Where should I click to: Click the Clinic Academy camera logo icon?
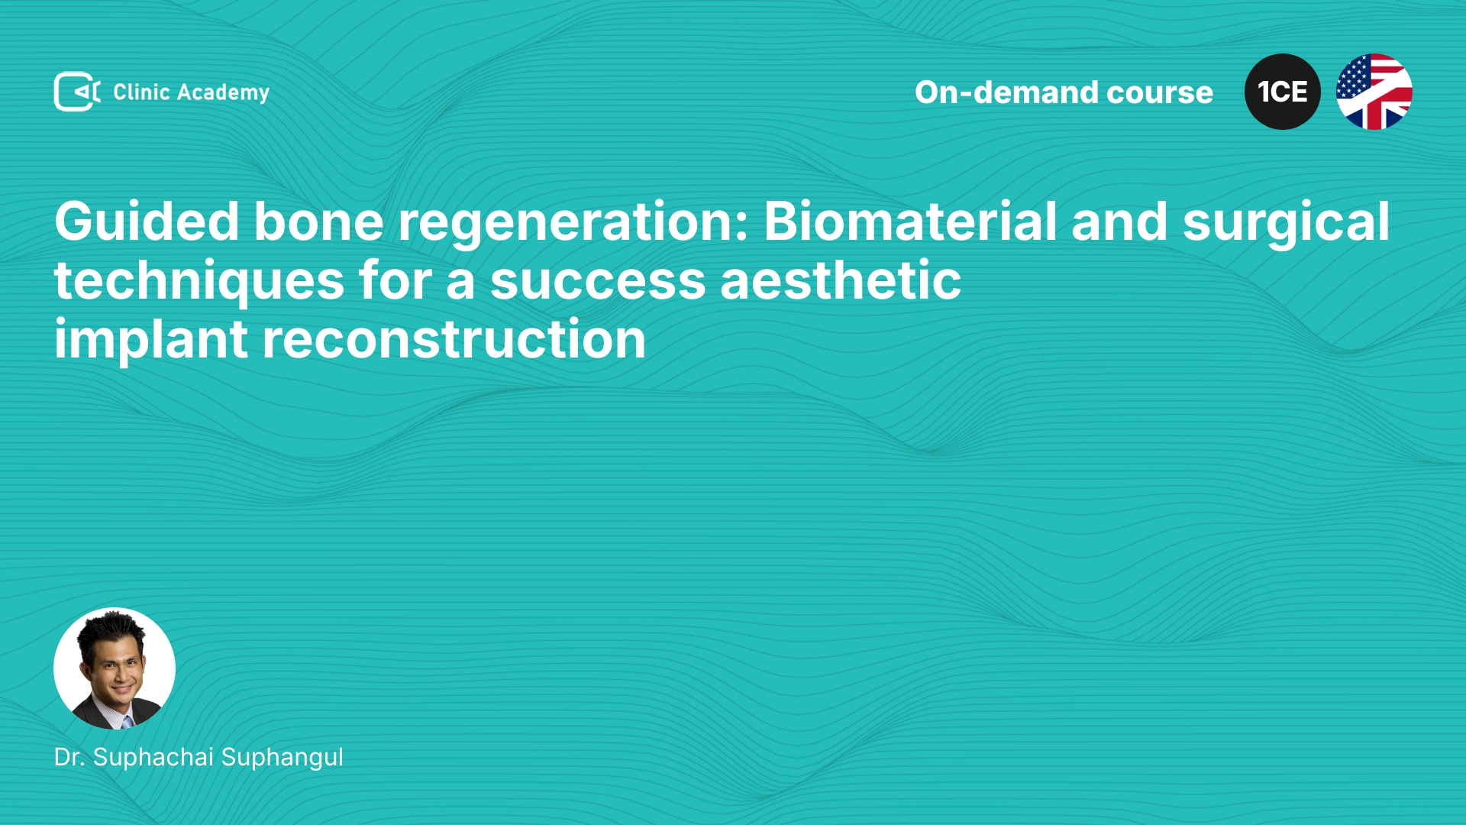click(x=77, y=92)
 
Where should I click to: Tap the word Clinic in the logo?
click(x=141, y=92)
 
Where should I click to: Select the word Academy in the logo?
click(x=223, y=93)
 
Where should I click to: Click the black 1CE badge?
click(x=1283, y=92)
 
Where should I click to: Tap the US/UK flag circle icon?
click(x=1374, y=92)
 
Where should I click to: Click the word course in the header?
click(x=1160, y=93)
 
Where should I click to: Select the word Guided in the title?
click(x=147, y=222)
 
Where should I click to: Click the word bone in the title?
click(x=318, y=222)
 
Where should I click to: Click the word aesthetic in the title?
click(x=841, y=280)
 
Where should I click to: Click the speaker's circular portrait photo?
click(x=115, y=668)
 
